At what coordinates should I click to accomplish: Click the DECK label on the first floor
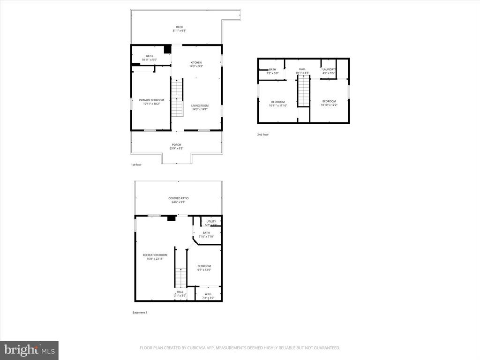[179, 27]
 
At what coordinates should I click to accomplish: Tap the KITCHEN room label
[196, 62]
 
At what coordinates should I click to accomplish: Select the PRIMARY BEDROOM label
[151, 100]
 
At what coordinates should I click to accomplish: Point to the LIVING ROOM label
[200, 105]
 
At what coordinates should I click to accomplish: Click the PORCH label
[176, 144]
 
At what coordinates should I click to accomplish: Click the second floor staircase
[304, 91]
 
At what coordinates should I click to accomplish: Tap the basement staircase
[181, 277]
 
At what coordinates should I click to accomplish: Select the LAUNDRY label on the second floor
[328, 69]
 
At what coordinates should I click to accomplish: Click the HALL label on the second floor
[302, 69]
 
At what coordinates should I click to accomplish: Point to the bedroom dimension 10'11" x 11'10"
[277, 105]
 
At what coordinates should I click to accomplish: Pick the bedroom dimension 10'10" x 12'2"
[329, 105]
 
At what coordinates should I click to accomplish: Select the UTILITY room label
[211, 221]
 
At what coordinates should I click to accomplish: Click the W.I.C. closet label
[208, 294]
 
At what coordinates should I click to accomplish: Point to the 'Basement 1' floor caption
[140, 313]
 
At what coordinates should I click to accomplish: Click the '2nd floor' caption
[262, 135]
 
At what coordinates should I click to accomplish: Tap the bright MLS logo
[29, 350]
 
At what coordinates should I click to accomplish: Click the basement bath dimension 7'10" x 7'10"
[206, 236]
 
